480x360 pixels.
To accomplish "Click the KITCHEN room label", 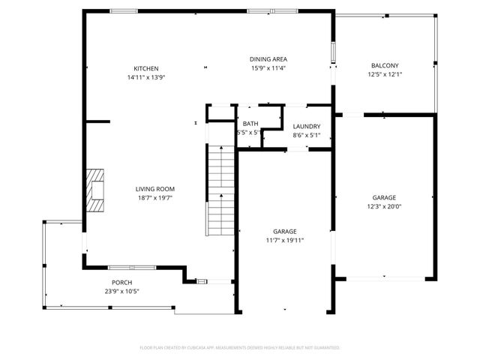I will pos(146,68).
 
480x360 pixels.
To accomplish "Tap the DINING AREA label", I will pos(268,59).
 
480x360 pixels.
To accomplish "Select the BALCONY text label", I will pos(384,65).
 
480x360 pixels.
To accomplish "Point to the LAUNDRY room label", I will pos(307,127).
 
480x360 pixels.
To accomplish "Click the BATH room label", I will pos(249,124).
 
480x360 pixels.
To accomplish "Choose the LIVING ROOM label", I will pos(155,189).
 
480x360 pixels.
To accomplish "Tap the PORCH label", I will pos(121,283).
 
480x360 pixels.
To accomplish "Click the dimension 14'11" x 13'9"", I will pos(146,77).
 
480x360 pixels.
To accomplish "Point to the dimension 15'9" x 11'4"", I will pos(268,68).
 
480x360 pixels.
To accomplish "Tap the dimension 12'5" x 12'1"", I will pos(384,74).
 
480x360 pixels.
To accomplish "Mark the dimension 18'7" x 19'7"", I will pos(155,198).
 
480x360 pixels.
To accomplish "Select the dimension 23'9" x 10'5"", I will pos(121,292).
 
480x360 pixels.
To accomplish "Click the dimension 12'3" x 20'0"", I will pos(384,206).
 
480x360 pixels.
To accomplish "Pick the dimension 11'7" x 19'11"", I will pos(285,240).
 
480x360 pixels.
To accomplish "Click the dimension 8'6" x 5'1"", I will pos(307,136).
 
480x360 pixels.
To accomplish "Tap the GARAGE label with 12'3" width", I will pos(384,197).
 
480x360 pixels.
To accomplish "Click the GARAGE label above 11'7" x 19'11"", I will pos(285,231).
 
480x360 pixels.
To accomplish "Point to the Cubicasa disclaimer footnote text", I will pos(240,348).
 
